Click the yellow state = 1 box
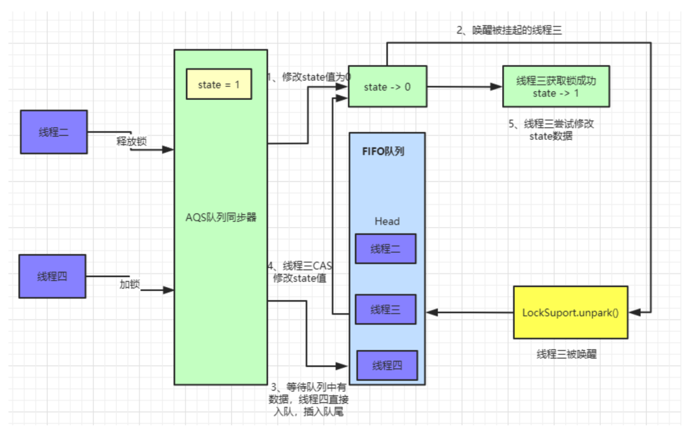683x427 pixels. click(x=219, y=85)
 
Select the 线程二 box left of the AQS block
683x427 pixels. click(x=53, y=132)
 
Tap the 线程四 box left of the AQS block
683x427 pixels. click(x=52, y=276)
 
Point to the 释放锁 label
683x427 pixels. click(x=132, y=141)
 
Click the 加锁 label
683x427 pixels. click(x=129, y=284)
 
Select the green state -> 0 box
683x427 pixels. click(x=387, y=87)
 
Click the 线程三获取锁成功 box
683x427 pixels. click(x=556, y=87)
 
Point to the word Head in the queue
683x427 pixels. click(x=386, y=221)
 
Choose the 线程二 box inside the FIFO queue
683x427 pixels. click(x=385, y=249)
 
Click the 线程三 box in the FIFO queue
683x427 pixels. click(x=385, y=309)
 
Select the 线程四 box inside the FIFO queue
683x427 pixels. click(x=387, y=365)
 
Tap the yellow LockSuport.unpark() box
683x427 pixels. click(x=570, y=313)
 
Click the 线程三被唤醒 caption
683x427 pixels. click(x=566, y=354)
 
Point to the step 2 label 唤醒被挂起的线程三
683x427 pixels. click(x=509, y=30)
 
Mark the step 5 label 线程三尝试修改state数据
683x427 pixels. click(x=551, y=130)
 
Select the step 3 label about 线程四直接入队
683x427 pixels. click(x=309, y=399)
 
